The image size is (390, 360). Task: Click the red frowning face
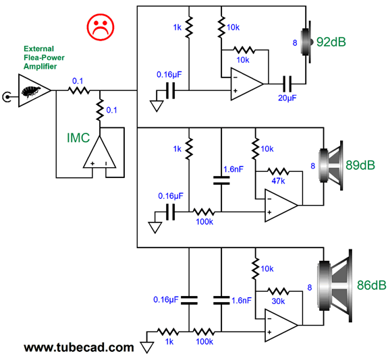pos(101,27)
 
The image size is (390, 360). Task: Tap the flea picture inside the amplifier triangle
pos(30,91)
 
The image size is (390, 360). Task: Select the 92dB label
pos(331,42)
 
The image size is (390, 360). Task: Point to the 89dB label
pos(360,165)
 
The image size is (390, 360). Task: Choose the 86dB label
pos(372,285)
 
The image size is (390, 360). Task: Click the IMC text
pos(78,138)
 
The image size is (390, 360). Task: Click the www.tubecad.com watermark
pos(79,347)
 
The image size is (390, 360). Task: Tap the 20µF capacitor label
pos(287,98)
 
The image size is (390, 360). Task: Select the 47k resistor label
pos(278,181)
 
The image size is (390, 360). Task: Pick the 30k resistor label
pos(278,301)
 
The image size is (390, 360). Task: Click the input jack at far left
pos(7,97)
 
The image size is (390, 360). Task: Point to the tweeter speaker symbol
pos(307,42)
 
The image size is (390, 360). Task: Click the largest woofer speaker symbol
pos(335,285)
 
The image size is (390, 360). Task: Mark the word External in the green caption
pos(39,49)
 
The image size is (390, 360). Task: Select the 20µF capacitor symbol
pos(287,84)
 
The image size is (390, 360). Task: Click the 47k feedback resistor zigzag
pos(278,171)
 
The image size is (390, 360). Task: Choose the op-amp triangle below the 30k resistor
pos(281,325)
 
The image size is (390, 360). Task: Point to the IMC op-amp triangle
pos(99,152)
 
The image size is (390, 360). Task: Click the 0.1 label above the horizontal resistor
pos(78,81)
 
